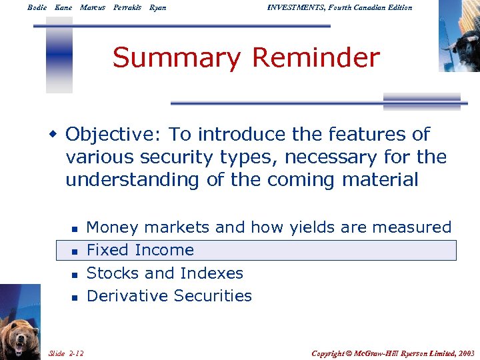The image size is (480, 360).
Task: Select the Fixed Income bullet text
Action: coord(140,251)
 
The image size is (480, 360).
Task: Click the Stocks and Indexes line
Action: coord(165,273)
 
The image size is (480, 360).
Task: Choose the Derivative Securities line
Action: coord(169,296)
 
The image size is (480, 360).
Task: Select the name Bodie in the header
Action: coord(37,8)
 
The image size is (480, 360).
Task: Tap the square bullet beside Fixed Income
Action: coord(75,251)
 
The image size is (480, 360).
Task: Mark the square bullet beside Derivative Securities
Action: coord(75,297)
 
